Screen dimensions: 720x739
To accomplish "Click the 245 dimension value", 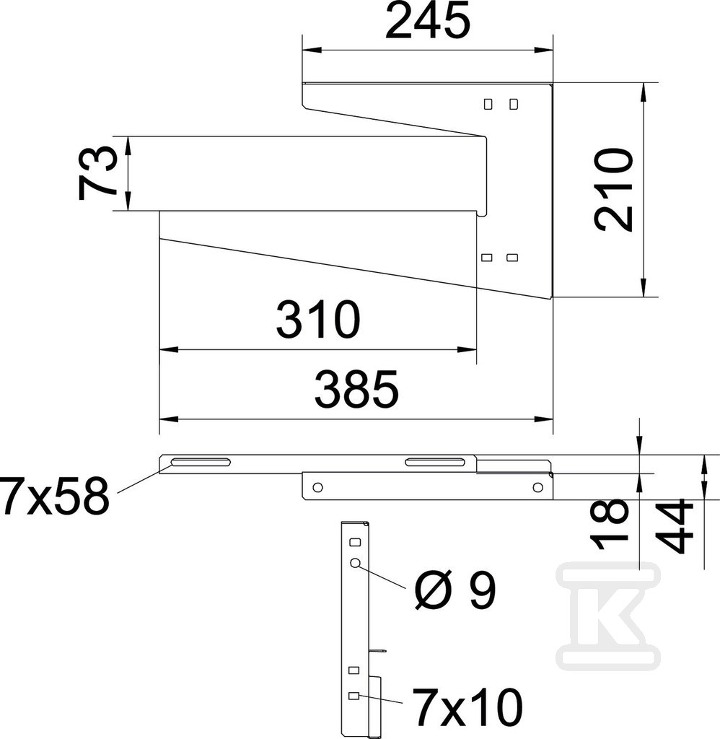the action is click(428, 22).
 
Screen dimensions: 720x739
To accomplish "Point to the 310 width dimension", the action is click(319, 320).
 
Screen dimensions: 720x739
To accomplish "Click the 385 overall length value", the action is click(356, 389).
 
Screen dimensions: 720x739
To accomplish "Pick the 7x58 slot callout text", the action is click(54, 495).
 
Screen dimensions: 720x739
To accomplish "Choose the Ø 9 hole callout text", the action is click(455, 590).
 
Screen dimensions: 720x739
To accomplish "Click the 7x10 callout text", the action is click(467, 707).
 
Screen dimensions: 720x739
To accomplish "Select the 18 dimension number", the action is click(610, 524).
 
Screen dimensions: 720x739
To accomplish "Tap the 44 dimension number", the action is click(675, 527).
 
